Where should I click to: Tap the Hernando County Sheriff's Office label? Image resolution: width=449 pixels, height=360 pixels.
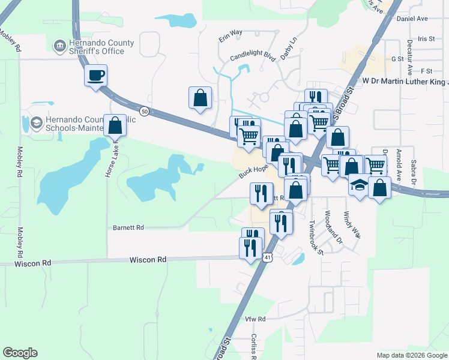pyautogui.click(x=89, y=47)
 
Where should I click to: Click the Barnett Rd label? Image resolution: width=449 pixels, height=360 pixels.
pyautogui.click(x=128, y=228)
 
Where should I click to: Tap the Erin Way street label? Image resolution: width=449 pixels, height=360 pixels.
pyautogui.click(x=230, y=37)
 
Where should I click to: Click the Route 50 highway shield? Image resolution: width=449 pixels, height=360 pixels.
pyautogui.click(x=144, y=111)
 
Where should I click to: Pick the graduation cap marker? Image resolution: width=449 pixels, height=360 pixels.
pyautogui.click(x=359, y=185)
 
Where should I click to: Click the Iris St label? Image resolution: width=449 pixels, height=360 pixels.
pyautogui.click(x=427, y=38)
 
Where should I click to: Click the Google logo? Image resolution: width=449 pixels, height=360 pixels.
pyautogui.click(x=20, y=353)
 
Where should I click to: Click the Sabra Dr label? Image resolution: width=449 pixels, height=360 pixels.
pyautogui.click(x=413, y=172)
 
